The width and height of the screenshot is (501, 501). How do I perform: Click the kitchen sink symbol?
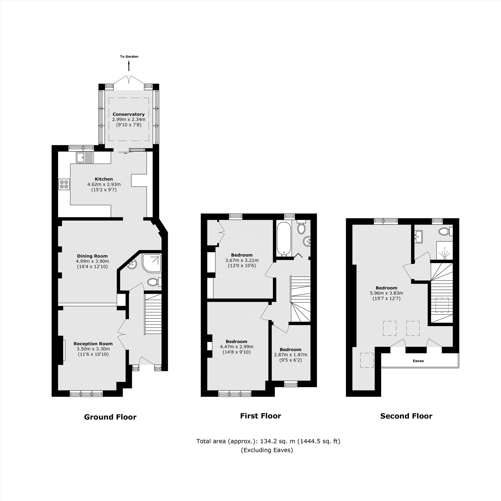click(85, 157)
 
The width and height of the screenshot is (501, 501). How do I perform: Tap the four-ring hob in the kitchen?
click(64, 184)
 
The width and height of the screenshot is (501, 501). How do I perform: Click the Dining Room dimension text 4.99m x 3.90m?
click(92, 261)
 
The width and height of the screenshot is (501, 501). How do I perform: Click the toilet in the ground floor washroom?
click(154, 282)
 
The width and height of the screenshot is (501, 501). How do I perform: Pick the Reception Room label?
click(93, 344)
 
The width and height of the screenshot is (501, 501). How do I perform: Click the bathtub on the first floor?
click(284, 238)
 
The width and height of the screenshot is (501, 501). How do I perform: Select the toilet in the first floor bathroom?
click(301, 228)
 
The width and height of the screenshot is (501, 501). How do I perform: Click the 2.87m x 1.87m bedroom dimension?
click(290, 354)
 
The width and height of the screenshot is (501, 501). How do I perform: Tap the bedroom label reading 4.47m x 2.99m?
click(236, 347)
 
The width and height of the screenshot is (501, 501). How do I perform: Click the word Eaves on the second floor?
click(418, 361)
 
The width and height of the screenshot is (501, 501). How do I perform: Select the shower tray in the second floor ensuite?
click(445, 250)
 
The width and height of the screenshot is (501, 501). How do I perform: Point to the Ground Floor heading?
click(110, 417)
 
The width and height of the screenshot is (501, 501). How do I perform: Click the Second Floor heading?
click(406, 416)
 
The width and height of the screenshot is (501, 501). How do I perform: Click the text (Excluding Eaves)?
click(267, 450)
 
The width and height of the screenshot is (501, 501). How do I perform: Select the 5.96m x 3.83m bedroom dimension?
click(386, 293)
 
